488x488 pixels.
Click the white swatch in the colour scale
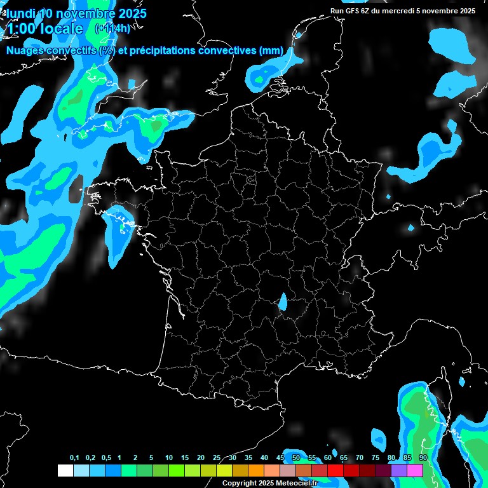[x=65, y=470]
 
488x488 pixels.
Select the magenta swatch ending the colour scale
[x=415, y=470]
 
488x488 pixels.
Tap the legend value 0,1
[x=74, y=458]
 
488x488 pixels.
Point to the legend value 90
[x=423, y=458]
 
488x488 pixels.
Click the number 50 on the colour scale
[x=296, y=458]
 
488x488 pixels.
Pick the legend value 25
[x=217, y=458]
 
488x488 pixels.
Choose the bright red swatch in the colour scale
[x=335, y=470]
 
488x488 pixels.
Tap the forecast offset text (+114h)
[x=112, y=28]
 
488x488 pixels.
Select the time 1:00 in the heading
[x=22, y=29]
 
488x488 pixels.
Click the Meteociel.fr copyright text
[x=269, y=483]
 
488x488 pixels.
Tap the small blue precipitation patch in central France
[x=283, y=301]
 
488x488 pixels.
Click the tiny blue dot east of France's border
[x=410, y=227]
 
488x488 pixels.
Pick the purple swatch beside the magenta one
[x=399, y=470]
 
